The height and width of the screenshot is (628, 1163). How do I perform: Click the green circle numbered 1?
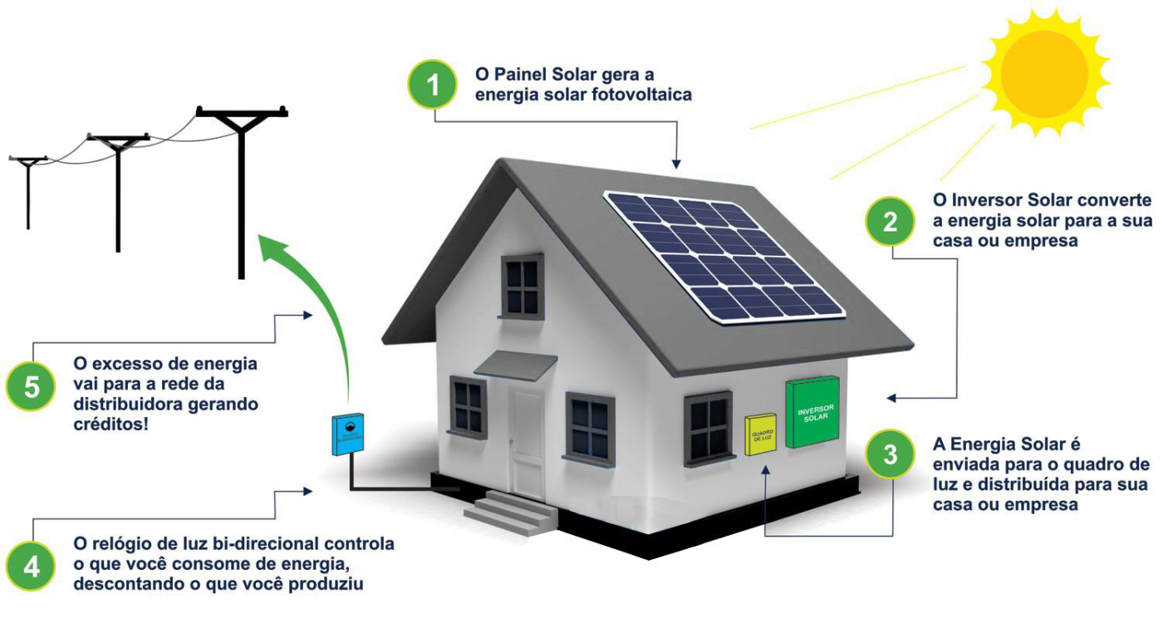click(432, 83)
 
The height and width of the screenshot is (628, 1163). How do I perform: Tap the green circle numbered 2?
click(891, 222)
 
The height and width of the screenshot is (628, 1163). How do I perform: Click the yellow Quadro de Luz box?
click(759, 434)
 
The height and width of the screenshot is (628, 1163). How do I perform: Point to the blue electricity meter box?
click(346, 434)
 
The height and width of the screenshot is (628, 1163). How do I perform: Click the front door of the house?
click(528, 444)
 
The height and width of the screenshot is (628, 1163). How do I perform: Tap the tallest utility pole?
click(241, 191)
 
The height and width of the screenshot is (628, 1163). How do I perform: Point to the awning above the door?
click(515, 364)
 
